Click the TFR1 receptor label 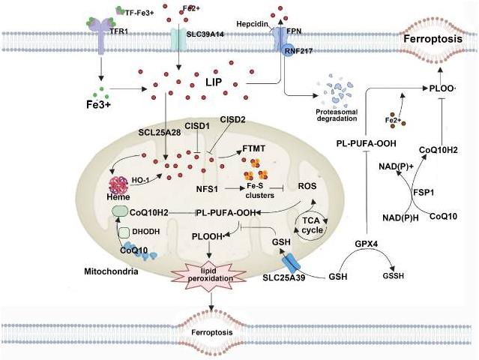click(x=119, y=31)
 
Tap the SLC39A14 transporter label click(x=205, y=34)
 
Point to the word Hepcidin click(x=253, y=24)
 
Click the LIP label click(x=214, y=82)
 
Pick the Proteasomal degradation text click(x=337, y=115)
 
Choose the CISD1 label click(x=197, y=126)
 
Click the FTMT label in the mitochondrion click(x=253, y=148)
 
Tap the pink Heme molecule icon click(x=118, y=185)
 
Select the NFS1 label click(x=207, y=190)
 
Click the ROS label click(x=307, y=186)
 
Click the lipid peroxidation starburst click(x=210, y=274)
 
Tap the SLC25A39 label click(x=284, y=278)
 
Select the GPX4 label click(x=367, y=244)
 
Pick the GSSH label click(x=393, y=276)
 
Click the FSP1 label click(x=424, y=193)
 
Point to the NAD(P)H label click(x=397, y=218)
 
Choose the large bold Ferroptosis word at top click(x=433, y=39)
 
